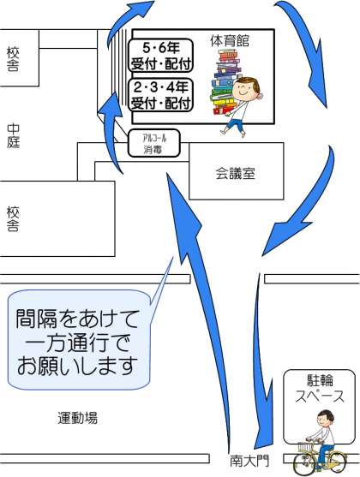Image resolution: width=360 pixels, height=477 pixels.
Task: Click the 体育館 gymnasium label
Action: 230,41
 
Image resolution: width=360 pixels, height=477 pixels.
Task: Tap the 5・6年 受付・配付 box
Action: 160,56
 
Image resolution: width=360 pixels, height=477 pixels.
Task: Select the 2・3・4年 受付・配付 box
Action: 161,95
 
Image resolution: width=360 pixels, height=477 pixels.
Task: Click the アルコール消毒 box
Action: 154,143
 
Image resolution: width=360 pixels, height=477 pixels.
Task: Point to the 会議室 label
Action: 235,173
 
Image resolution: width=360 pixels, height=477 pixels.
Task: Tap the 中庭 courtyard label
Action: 14,135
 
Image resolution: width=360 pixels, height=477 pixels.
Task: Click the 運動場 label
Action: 78,418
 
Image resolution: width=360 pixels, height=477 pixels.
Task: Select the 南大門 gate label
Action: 249,461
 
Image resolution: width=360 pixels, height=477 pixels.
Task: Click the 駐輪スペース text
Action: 320,389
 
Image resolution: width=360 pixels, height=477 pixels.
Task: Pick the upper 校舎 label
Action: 13,59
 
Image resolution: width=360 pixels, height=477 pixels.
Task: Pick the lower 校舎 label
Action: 13,219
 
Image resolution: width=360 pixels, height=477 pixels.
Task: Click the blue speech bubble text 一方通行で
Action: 78,343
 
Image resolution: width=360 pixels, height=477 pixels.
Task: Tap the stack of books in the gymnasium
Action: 225,83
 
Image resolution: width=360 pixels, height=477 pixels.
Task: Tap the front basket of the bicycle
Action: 306,447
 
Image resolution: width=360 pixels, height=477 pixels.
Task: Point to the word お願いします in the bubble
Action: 76,367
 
